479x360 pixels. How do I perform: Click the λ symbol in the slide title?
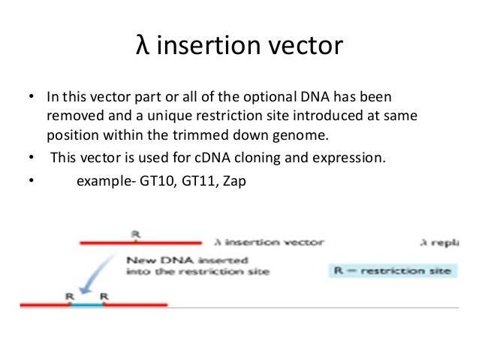click(142, 47)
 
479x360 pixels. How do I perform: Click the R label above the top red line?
click(135, 234)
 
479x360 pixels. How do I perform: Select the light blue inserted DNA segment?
click(86, 305)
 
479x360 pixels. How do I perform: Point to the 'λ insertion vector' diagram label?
click(269, 243)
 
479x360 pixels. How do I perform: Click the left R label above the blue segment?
click(69, 296)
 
